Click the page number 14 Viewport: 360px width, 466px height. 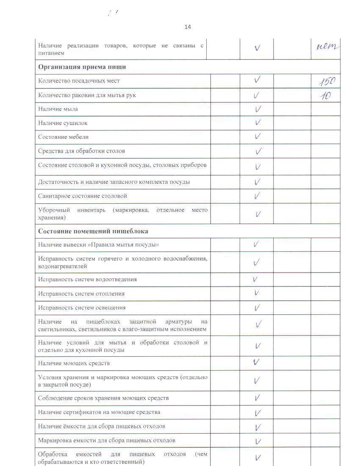pos(188,27)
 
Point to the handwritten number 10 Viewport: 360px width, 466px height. pos(325,96)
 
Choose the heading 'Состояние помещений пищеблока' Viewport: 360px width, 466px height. pos(93,231)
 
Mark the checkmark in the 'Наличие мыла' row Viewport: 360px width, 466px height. pos(258,109)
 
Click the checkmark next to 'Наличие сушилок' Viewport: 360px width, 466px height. pos(258,123)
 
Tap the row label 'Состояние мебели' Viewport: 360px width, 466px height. pos(64,137)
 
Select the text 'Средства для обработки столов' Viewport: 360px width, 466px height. pos(81,151)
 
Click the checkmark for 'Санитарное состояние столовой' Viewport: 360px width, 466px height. pos(257,196)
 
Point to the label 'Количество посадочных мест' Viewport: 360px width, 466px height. pos(79,81)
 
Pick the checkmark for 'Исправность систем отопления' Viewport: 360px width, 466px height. pos(257,293)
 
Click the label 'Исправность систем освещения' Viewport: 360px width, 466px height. pos(82,308)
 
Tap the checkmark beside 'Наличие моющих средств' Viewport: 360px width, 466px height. pos(256,363)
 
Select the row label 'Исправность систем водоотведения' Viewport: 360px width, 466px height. pos(87,280)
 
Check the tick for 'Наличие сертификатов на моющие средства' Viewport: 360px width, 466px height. pos(257,413)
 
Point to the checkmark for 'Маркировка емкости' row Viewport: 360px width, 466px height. pos(258,441)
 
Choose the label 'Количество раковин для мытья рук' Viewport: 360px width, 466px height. pos(87,95)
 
